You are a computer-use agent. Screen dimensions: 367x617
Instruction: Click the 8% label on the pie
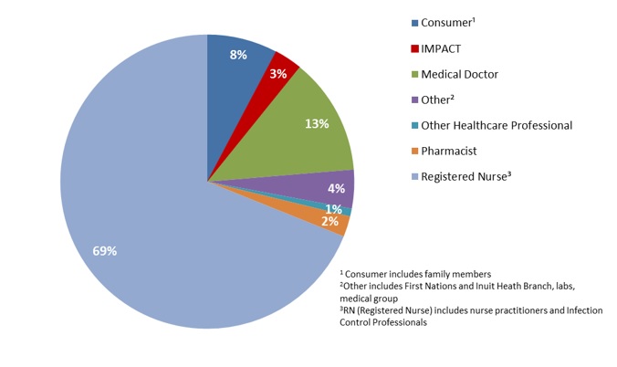(238, 55)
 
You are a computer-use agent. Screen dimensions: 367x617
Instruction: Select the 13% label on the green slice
(317, 124)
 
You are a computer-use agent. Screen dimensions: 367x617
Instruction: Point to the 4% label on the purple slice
(335, 189)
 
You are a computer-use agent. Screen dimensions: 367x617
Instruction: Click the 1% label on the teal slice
(334, 209)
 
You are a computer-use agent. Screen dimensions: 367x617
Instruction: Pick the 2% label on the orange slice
(329, 221)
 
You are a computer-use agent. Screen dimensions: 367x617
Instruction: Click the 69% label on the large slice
(105, 250)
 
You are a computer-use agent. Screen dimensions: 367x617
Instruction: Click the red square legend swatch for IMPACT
(414, 48)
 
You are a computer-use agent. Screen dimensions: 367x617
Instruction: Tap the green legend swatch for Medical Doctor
(414, 74)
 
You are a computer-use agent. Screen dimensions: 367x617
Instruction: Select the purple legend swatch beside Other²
(414, 100)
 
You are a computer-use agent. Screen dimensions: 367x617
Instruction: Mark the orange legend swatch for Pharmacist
(414, 151)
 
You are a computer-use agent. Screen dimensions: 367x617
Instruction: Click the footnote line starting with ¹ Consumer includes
(415, 274)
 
